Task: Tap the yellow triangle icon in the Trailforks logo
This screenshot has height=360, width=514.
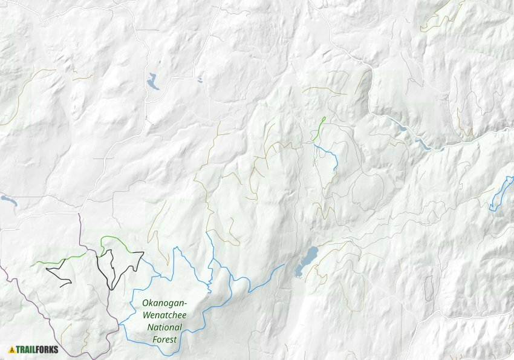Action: pyautogui.click(x=11, y=349)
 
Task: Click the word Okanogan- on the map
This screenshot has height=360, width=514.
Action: pyautogui.click(x=164, y=303)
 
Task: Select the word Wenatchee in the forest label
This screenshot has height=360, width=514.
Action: pyautogui.click(x=164, y=315)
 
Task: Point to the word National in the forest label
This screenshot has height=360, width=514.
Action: pyautogui.click(x=164, y=327)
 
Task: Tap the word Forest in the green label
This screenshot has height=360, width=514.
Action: pyautogui.click(x=164, y=339)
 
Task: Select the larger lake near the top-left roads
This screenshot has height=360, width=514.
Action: pyautogui.click(x=153, y=82)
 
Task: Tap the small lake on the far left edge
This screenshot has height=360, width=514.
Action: pyautogui.click(x=7, y=198)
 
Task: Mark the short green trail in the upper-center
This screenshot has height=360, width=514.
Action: pyautogui.click(x=320, y=128)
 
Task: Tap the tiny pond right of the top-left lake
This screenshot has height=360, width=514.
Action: pyautogui.click(x=200, y=80)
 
